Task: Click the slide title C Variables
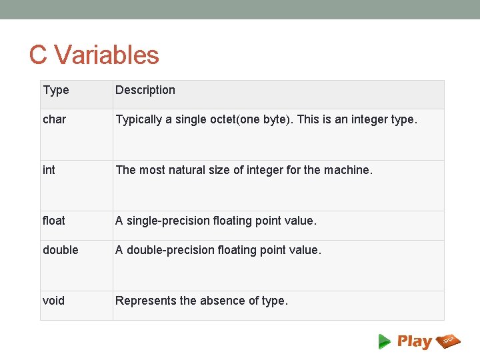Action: (94, 55)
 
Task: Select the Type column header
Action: (56, 90)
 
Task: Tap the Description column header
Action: (145, 90)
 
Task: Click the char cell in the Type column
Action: (55, 120)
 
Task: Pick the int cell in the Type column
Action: (49, 170)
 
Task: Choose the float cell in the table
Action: (54, 221)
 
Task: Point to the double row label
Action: (61, 250)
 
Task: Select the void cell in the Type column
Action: (54, 301)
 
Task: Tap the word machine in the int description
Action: (347, 170)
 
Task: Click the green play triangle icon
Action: (385, 341)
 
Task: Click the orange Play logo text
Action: (415, 341)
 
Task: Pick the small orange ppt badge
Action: (449, 341)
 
